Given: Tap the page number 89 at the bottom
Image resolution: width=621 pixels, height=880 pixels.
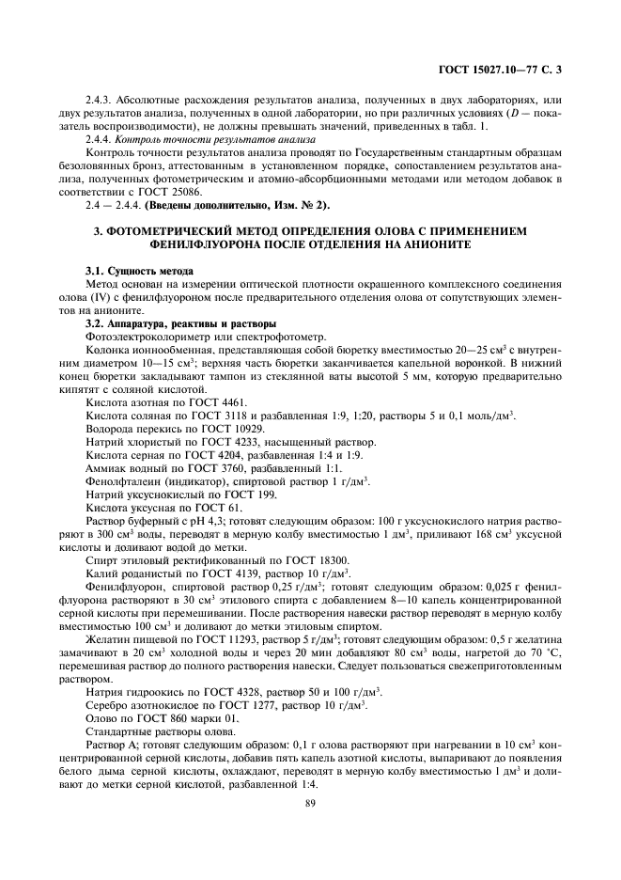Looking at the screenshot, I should click(309, 802).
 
